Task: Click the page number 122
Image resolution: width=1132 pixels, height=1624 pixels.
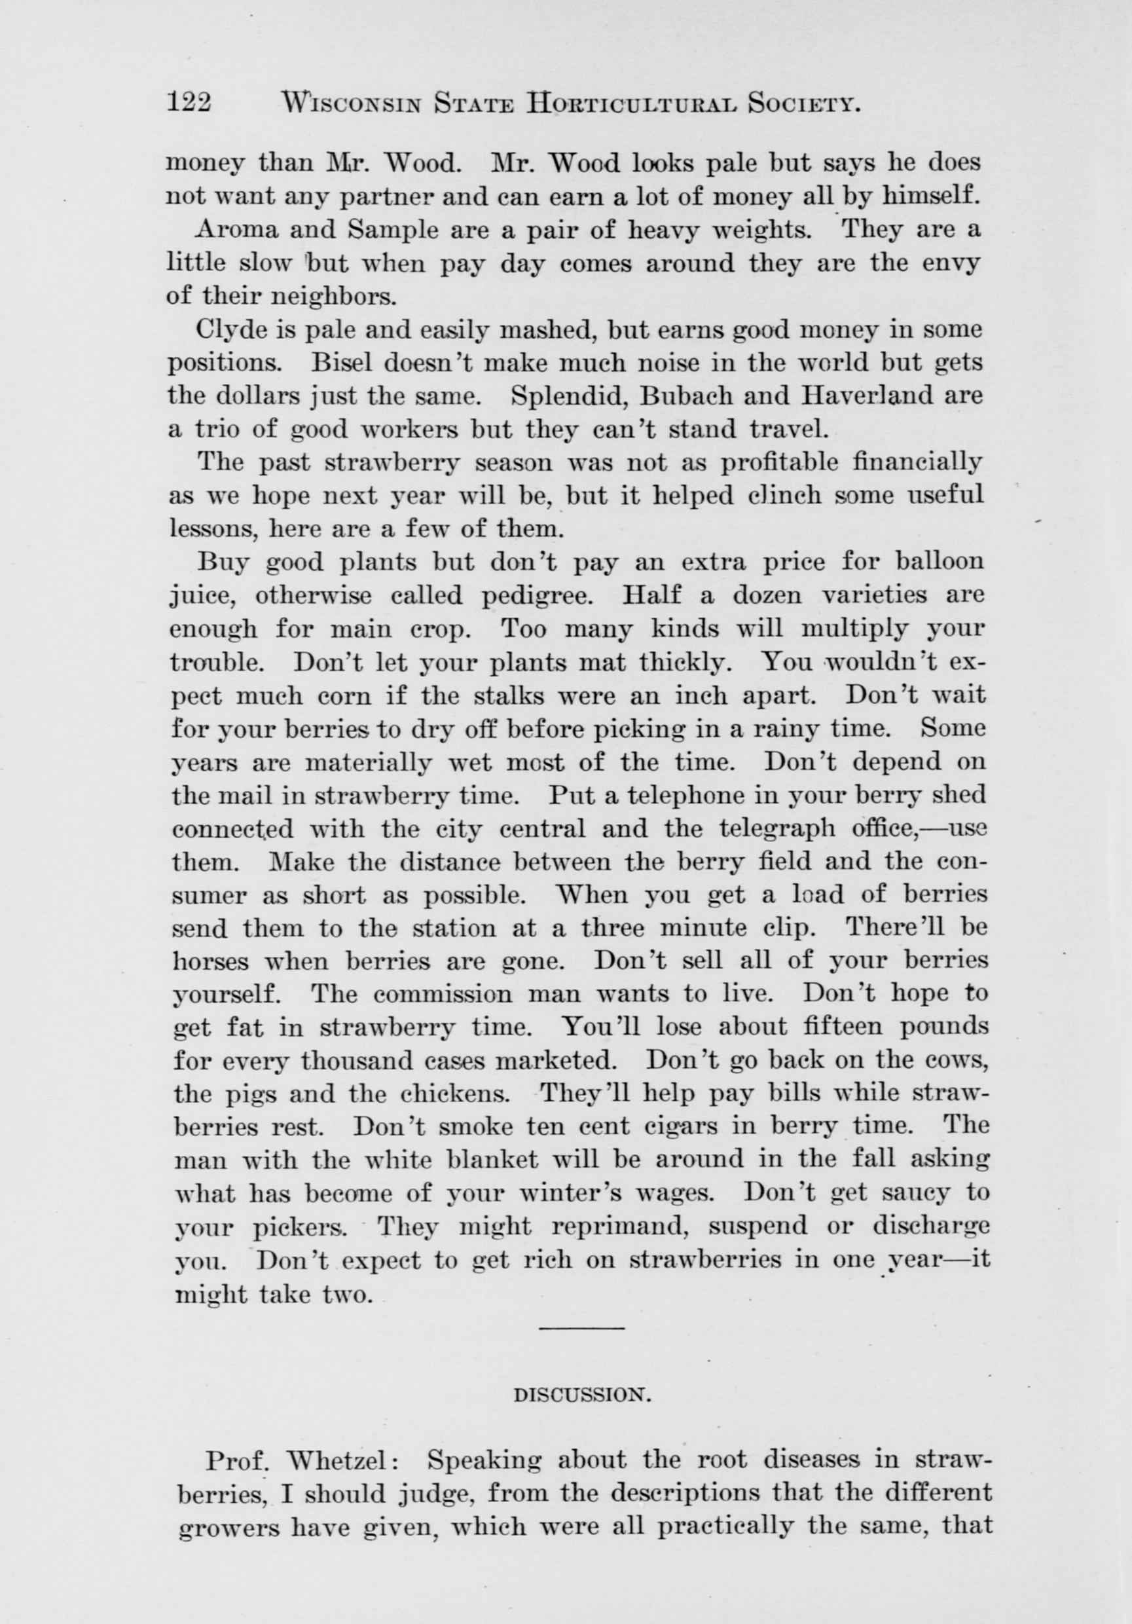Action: (189, 103)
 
